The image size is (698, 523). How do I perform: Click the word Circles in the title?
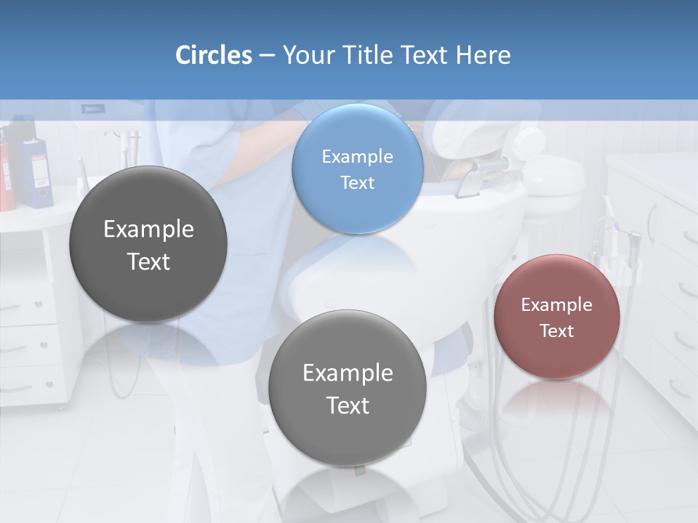coord(213,55)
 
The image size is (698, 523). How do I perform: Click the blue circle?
coord(357,169)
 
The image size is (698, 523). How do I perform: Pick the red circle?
coord(557,317)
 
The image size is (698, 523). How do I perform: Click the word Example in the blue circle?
coord(357,156)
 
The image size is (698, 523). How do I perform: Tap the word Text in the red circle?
coord(557,331)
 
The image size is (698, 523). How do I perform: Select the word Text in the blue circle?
coord(357,182)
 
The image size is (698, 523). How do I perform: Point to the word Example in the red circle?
coord(557,304)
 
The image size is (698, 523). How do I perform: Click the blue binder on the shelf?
coord(33,171)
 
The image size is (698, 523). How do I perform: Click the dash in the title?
coord(267,55)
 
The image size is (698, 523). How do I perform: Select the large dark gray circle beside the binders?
coord(148,244)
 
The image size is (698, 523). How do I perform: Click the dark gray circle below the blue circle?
coord(348,388)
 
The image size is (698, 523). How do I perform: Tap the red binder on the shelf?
coord(6,174)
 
